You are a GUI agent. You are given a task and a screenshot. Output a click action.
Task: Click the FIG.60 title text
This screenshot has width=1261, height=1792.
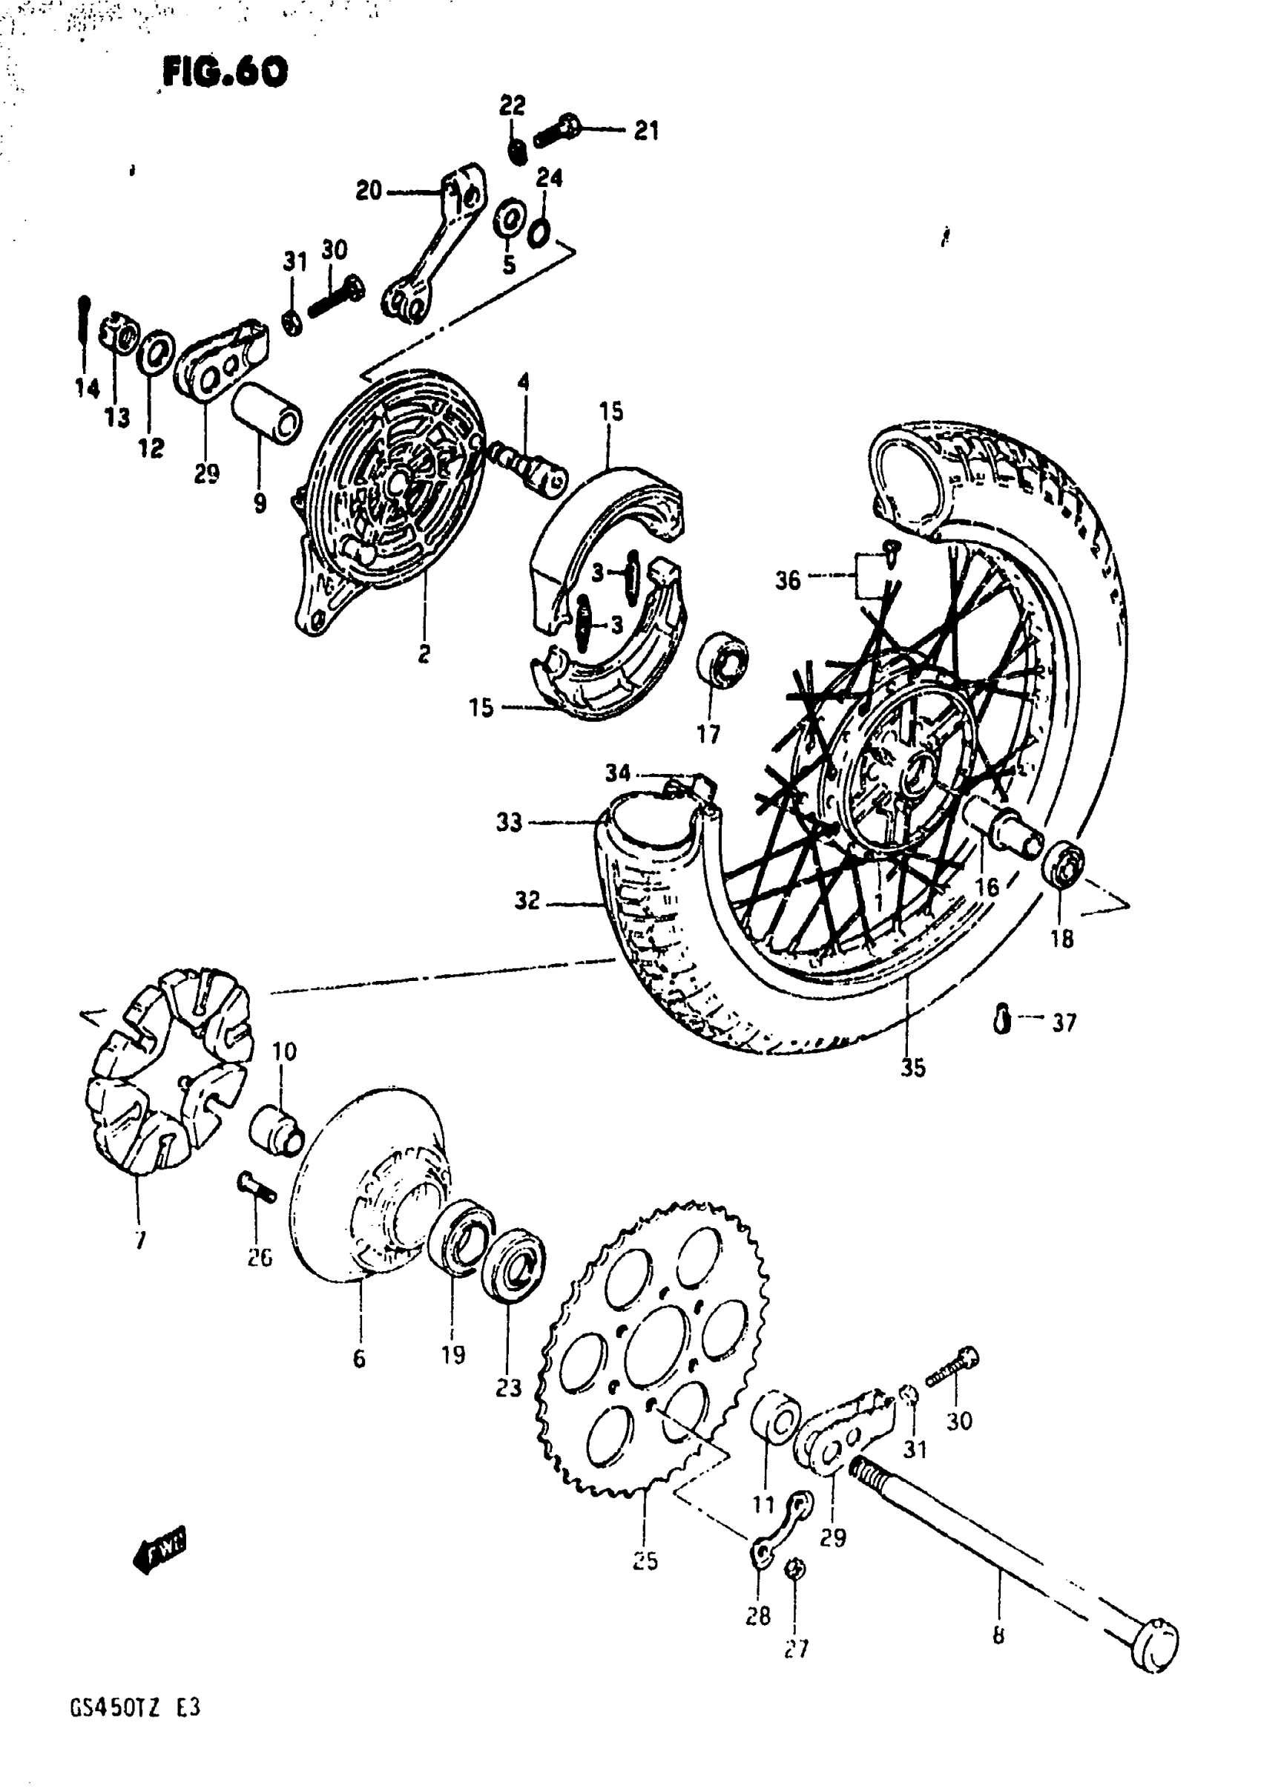[225, 73]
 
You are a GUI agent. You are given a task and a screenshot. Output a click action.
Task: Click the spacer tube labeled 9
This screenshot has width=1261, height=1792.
[265, 413]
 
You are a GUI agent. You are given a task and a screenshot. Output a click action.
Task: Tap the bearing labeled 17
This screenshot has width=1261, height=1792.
[722, 659]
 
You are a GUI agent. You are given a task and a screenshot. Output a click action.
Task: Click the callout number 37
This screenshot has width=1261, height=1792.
[1064, 1022]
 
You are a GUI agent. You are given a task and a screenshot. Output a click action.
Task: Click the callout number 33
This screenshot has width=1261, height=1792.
[509, 822]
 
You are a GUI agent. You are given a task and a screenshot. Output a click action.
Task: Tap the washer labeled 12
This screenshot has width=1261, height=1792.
[155, 352]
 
